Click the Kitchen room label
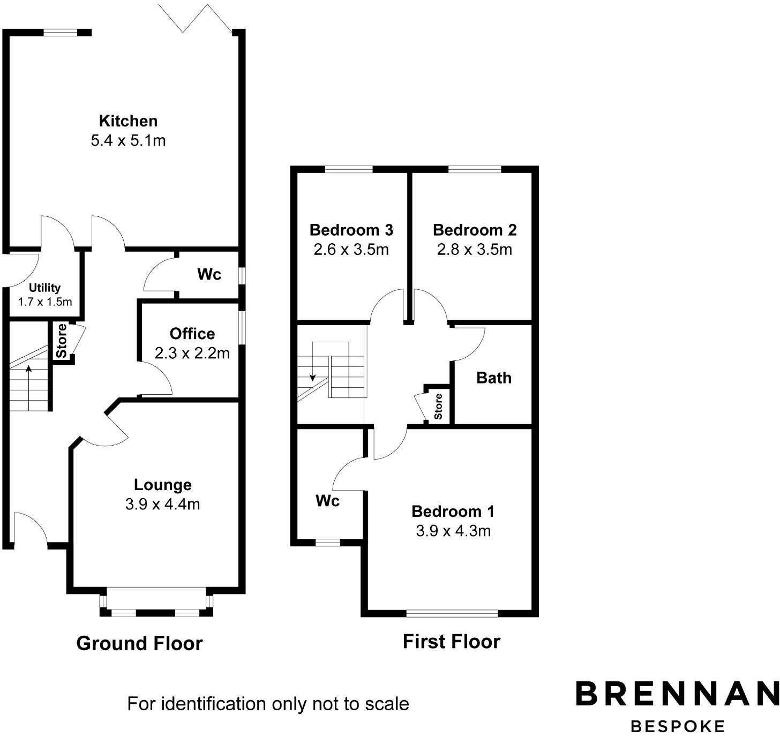pos(128,121)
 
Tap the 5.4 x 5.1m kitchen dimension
pos(128,141)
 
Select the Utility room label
pos(44,288)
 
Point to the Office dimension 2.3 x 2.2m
pos(192,354)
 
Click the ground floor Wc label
pos(209,275)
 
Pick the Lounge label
pos(162,485)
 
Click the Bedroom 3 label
pos(351,230)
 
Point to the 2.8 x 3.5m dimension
pos(474,250)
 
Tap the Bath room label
pos(493,378)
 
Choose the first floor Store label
pos(439,407)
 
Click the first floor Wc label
pos(327,501)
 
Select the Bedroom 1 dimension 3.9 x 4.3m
pos(453,531)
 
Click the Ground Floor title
pos(139,643)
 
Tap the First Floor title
pos(451,642)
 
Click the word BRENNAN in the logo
pos(677,694)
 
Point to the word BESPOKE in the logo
pos(678,726)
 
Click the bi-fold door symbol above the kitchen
pos(196,19)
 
